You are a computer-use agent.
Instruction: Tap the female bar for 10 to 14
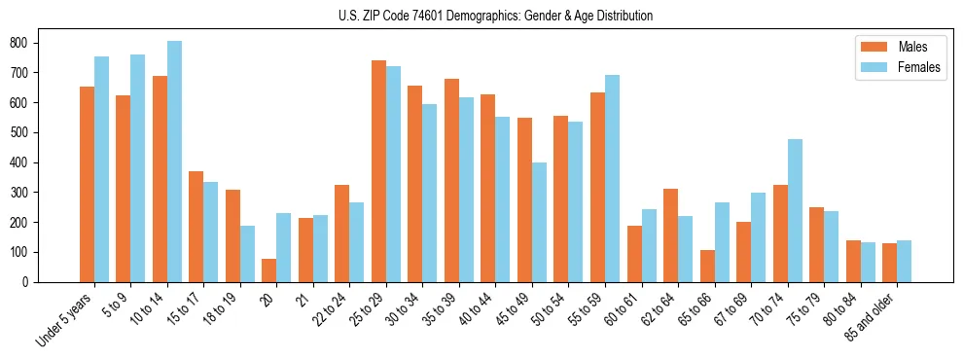pos(174,162)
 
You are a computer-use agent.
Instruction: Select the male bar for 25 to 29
pos(378,171)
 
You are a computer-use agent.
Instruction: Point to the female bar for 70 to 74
pos(795,210)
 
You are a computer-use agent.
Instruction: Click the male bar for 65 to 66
pos(707,266)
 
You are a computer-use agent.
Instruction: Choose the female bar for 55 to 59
pos(612,178)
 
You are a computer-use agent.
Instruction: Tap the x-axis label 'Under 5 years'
pos(65,318)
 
